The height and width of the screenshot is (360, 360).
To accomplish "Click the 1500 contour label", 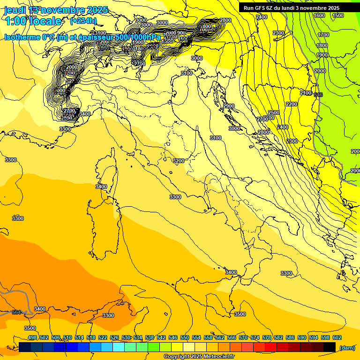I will coord(337,15).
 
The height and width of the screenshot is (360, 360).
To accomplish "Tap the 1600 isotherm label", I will coord(319,15).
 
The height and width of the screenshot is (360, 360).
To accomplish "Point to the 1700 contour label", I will coord(323,35).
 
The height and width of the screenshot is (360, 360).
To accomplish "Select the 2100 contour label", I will coord(306,93).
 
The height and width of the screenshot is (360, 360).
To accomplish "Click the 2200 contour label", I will coord(291,104).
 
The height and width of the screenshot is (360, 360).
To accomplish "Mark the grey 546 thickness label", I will coord(318,95).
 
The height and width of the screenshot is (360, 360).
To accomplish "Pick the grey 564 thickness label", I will coord(16,312).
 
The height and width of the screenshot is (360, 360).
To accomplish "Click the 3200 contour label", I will coord(179,160).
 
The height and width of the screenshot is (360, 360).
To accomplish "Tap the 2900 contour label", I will coord(229,106).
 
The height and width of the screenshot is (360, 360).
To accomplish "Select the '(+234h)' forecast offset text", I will coord(83,21).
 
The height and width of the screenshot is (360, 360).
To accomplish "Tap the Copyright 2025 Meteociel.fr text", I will coord(199,356).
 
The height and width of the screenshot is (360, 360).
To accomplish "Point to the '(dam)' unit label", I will coord(346,347).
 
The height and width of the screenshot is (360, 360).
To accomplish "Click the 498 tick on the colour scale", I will coord(32,337).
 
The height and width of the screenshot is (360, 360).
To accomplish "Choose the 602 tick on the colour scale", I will coord(337,337).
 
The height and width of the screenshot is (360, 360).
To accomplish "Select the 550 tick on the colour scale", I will coord(185,337).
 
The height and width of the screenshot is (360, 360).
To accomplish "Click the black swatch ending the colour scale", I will coord(330,347).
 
